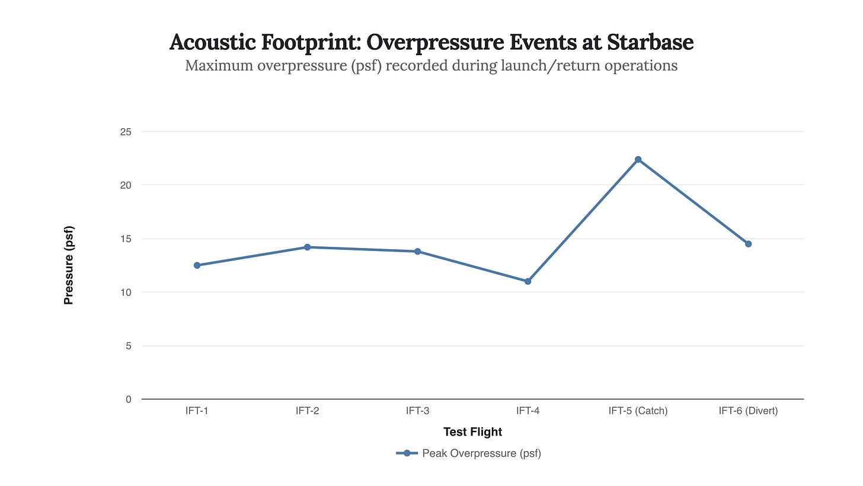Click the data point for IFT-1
click(197, 265)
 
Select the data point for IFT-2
click(307, 247)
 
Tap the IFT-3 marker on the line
click(417, 252)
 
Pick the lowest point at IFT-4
click(528, 281)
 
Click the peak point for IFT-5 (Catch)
click(638, 160)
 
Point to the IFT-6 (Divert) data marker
click(748, 244)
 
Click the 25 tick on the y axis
click(126, 132)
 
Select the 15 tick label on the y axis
click(126, 239)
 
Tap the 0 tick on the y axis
click(128, 399)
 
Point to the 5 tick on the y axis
click(128, 346)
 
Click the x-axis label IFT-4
click(528, 411)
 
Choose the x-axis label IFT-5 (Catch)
click(638, 411)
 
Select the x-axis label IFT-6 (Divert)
click(748, 411)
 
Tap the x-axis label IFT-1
click(197, 411)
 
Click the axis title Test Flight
click(472, 432)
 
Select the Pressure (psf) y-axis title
click(69, 265)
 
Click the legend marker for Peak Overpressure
click(407, 453)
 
